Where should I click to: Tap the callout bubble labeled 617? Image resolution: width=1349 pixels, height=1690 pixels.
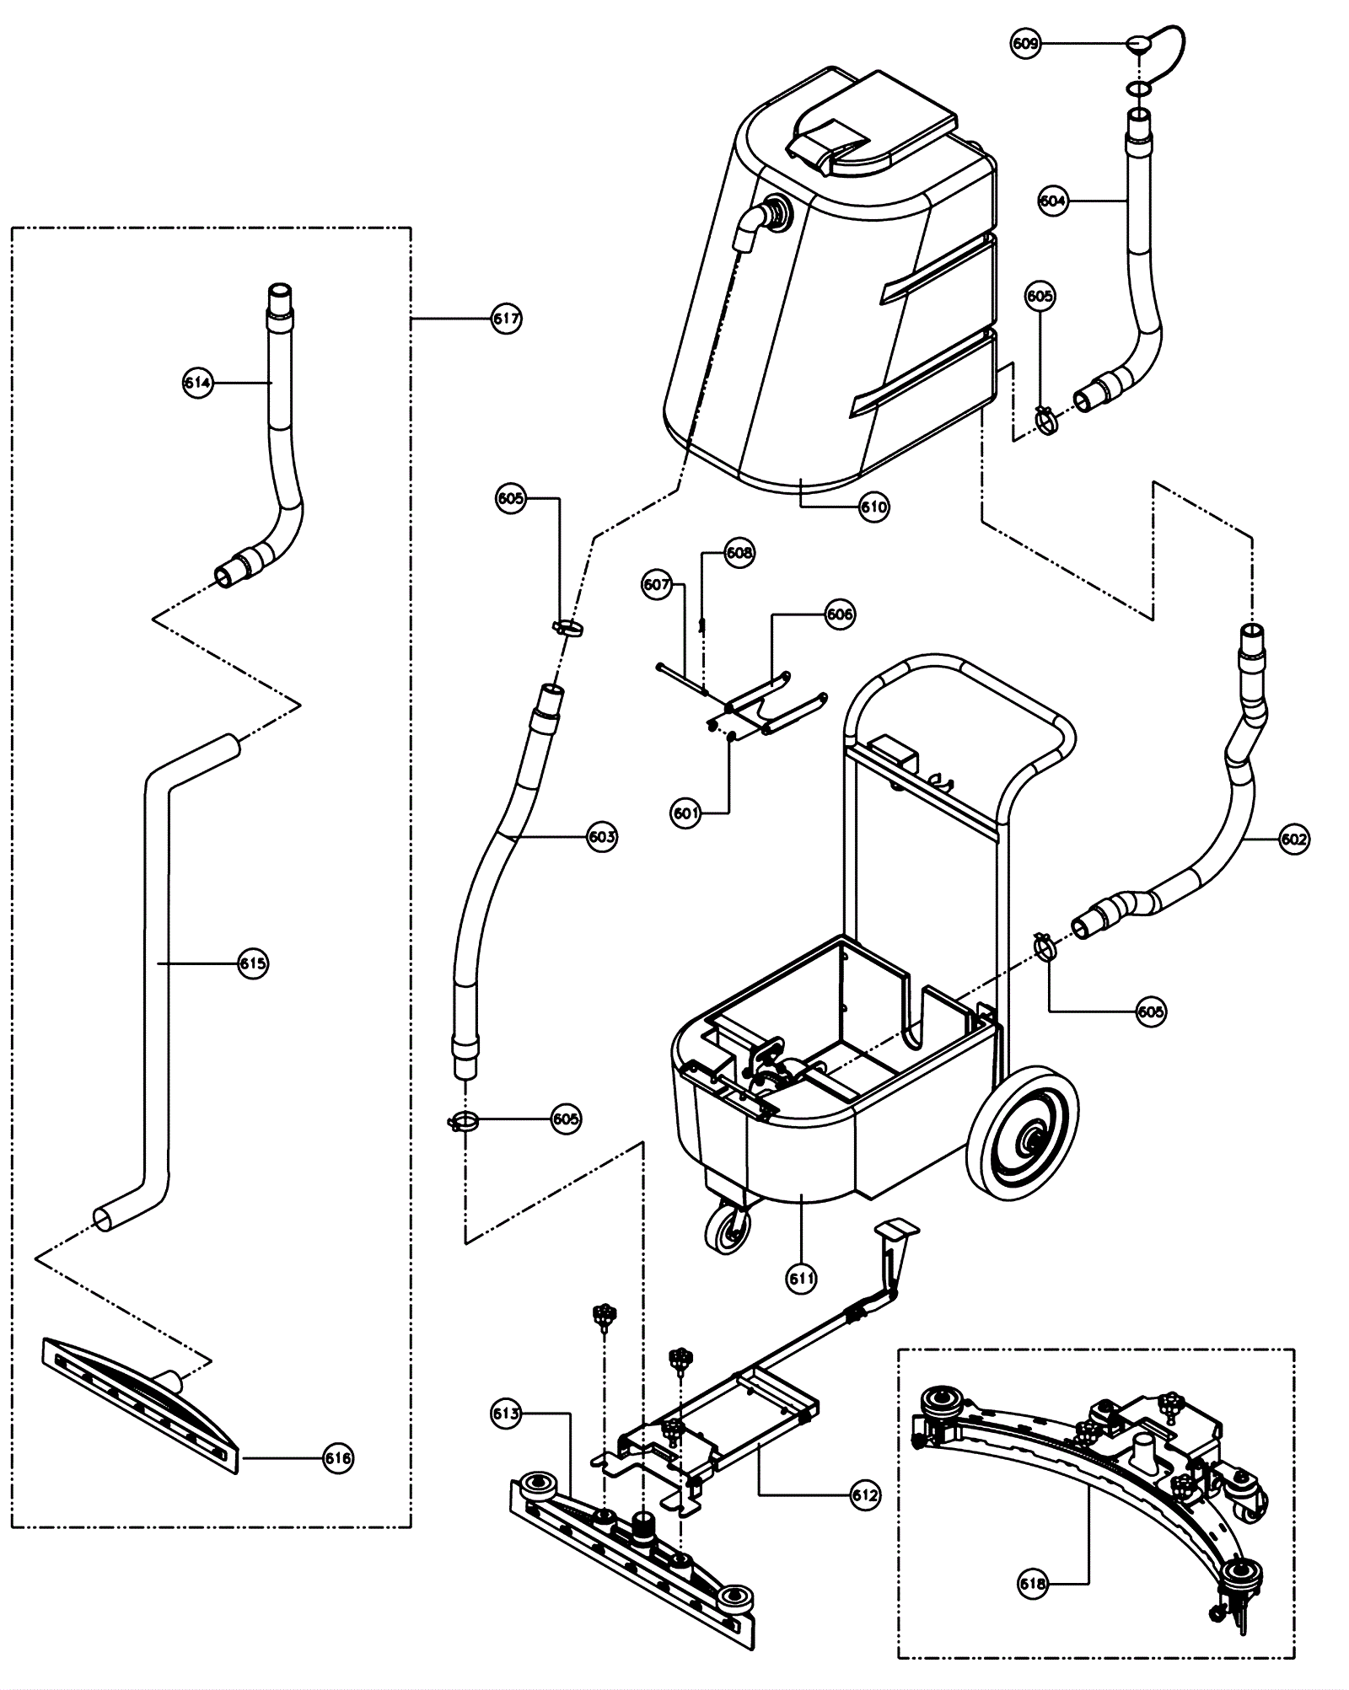507,319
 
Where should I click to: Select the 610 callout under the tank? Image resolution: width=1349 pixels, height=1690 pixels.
874,507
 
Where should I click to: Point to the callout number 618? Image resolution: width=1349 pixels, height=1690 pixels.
1033,1584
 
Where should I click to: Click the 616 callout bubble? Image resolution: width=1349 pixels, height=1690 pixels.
338,1457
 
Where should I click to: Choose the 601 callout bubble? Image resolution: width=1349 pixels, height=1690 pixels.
686,813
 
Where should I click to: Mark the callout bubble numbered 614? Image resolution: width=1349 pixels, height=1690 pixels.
198,384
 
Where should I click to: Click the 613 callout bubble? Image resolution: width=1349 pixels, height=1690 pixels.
506,1414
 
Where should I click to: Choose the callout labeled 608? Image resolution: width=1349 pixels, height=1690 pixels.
739,553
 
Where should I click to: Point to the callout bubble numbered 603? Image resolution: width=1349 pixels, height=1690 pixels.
602,837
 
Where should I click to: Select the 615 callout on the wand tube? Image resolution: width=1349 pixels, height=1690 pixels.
253,963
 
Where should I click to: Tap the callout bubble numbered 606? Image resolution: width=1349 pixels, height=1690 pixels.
840,614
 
